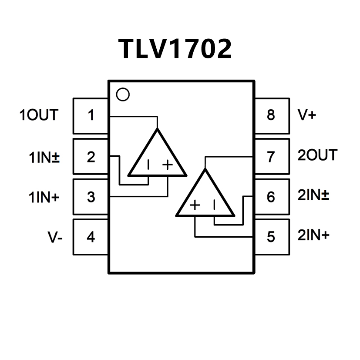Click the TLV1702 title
click(x=175, y=49)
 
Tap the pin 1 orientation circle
click(x=123, y=94)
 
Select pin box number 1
click(x=91, y=116)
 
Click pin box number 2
click(x=91, y=156)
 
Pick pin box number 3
click(x=91, y=197)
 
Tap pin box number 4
click(x=91, y=237)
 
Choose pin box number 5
click(x=271, y=237)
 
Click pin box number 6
click(x=271, y=197)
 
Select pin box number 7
click(x=271, y=156)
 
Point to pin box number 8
click(x=271, y=116)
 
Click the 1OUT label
click(x=38, y=115)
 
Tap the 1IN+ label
click(x=44, y=197)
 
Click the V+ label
click(x=306, y=115)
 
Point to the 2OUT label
click(x=317, y=155)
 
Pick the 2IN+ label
click(x=313, y=236)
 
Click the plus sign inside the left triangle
click(x=168, y=165)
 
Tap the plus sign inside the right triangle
click(x=195, y=205)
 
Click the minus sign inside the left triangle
click(x=148, y=165)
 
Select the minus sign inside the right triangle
click(x=214, y=205)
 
